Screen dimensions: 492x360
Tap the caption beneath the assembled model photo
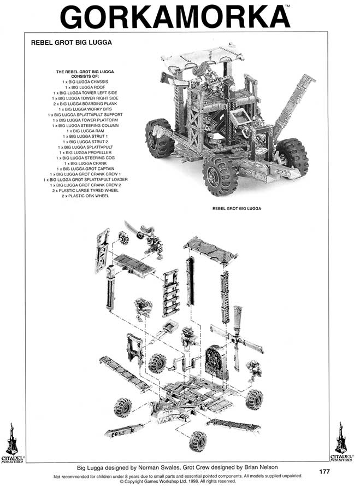click(x=237, y=208)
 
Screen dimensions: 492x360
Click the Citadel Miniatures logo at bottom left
click(x=12, y=441)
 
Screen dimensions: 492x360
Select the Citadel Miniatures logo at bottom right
click(x=341, y=441)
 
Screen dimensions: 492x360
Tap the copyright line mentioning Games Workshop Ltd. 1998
click(x=178, y=482)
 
